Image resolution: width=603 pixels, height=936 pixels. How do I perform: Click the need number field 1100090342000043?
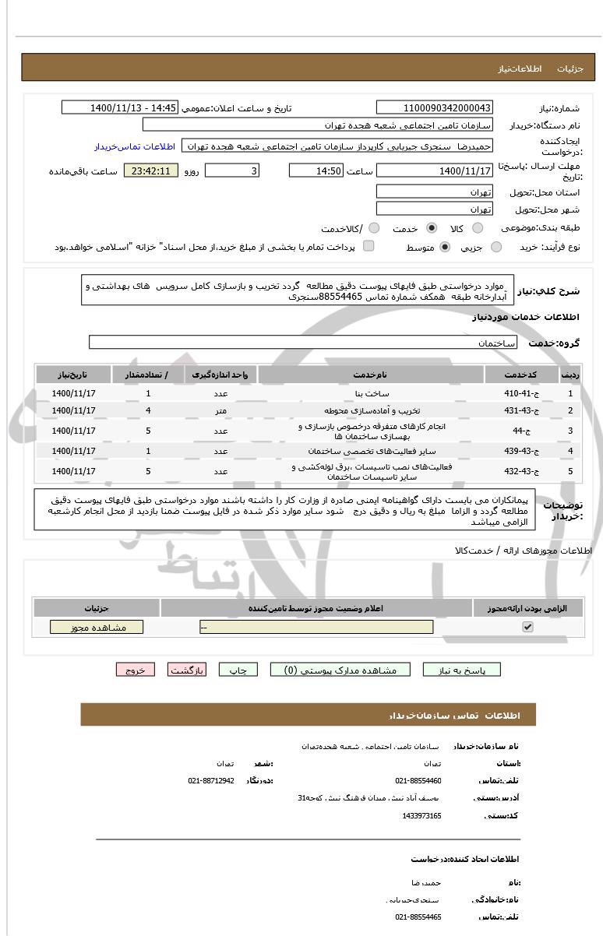434,107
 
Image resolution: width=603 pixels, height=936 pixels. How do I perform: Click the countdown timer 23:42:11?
151,171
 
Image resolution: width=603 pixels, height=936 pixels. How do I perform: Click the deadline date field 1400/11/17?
434,171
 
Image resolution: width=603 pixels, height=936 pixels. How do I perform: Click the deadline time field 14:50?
316,171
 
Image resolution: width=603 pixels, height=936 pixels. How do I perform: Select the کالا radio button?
478,228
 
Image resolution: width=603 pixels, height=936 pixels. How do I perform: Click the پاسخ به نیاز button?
462,670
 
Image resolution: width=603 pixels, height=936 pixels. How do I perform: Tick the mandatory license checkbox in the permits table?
527,627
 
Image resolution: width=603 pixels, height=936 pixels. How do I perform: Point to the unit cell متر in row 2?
220,410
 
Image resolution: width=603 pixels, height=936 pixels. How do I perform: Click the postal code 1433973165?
422,815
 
